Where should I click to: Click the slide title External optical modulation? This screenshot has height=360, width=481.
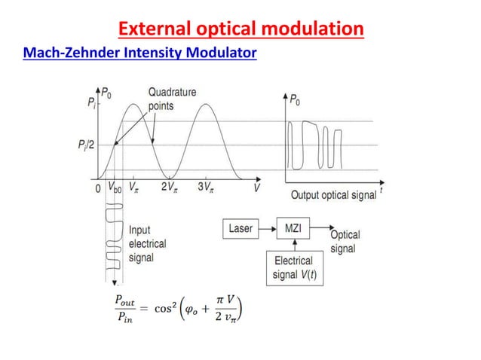pyautogui.click(x=241, y=29)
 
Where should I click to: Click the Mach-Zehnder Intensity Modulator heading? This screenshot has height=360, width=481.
pyautogui.click(x=140, y=54)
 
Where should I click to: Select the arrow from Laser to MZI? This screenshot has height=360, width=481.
pyautogui.click(x=267, y=226)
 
